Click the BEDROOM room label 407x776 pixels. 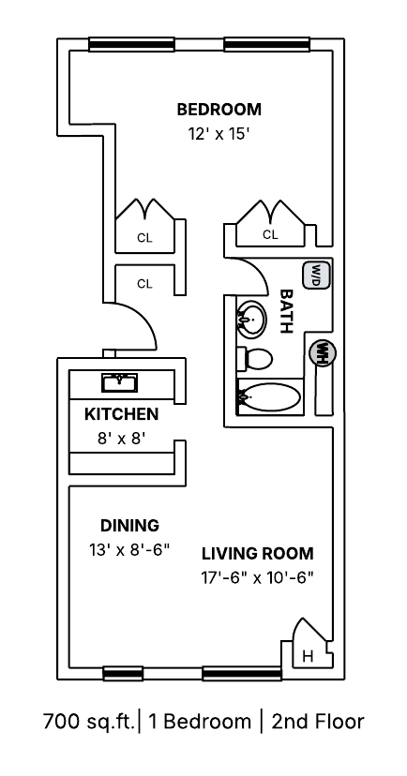pyautogui.click(x=219, y=110)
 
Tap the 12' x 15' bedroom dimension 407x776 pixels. pyautogui.click(x=218, y=134)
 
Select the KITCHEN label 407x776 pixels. pyautogui.click(x=121, y=414)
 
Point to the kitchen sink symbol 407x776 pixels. pyautogui.click(x=119, y=382)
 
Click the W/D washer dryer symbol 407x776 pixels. pyautogui.click(x=313, y=276)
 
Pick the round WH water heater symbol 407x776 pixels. pyautogui.click(x=323, y=353)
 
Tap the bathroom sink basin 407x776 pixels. pyautogui.click(x=251, y=320)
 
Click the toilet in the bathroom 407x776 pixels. pyautogui.click(x=254, y=358)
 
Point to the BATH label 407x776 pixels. pyautogui.click(x=286, y=311)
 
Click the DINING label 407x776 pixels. pyautogui.click(x=129, y=525)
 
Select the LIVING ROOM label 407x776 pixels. pyautogui.click(x=258, y=553)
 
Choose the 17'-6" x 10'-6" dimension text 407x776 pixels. pyautogui.click(x=258, y=577)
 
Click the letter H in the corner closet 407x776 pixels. pyautogui.click(x=308, y=657)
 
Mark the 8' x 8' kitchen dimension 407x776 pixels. pyautogui.click(x=121, y=439)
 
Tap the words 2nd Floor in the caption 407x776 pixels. pyautogui.click(x=318, y=722)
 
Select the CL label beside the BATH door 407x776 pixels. pyautogui.click(x=270, y=234)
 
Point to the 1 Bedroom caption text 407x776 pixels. pyautogui.click(x=200, y=722)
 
